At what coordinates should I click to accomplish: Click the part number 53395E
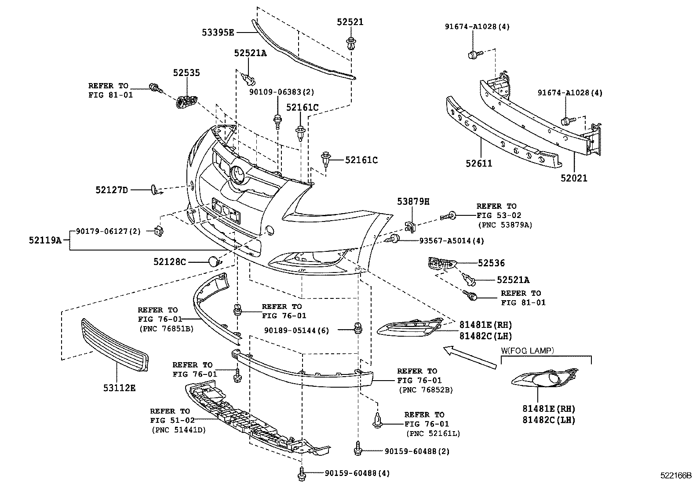tap(218, 32)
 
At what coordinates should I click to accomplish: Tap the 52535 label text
tap(186, 73)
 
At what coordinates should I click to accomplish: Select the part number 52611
tap(479, 163)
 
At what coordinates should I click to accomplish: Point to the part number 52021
tap(574, 178)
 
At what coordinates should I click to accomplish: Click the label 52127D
tap(112, 190)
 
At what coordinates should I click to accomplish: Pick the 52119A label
tap(45, 240)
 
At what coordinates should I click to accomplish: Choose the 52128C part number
tap(170, 262)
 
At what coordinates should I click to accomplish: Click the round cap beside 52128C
tap(214, 261)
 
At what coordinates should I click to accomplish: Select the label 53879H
tap(413, 202)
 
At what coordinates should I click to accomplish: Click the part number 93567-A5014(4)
tap(445, 241)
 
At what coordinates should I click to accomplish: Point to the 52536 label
tap(491, 263)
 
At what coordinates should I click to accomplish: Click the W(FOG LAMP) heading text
tap(527, 351)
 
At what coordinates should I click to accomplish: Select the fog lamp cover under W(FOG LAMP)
tap(546, 379)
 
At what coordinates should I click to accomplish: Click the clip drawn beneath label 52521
tap(350, 44)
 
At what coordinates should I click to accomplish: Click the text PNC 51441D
tap(178, 430)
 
